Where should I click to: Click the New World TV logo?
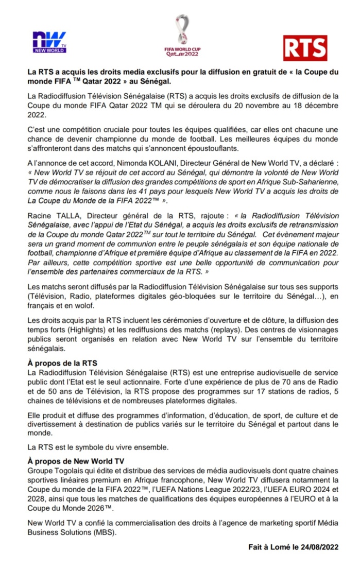[x=49, y=42]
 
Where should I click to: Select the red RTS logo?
[x=305, y=48]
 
